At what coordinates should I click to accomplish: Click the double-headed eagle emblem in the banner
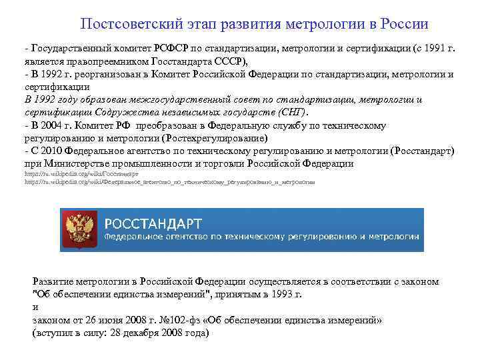[x=82, y=229]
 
